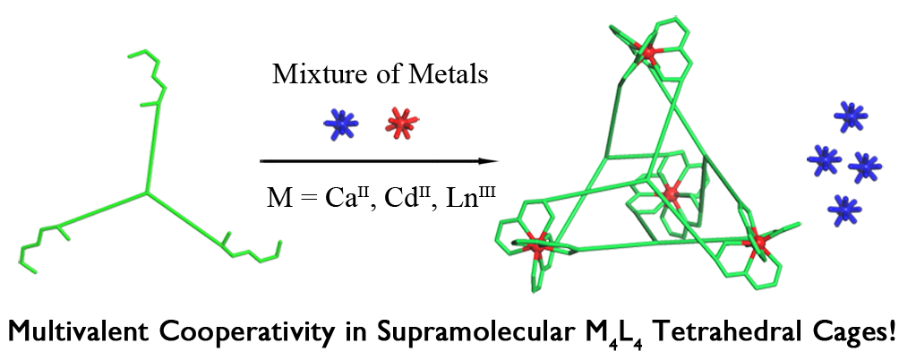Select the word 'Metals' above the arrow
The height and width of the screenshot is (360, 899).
(455, 74)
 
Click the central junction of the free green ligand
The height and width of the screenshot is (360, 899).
(147, 191)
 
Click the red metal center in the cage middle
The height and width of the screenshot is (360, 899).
(669, 193)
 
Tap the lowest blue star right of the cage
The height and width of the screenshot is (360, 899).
(842, 208)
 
